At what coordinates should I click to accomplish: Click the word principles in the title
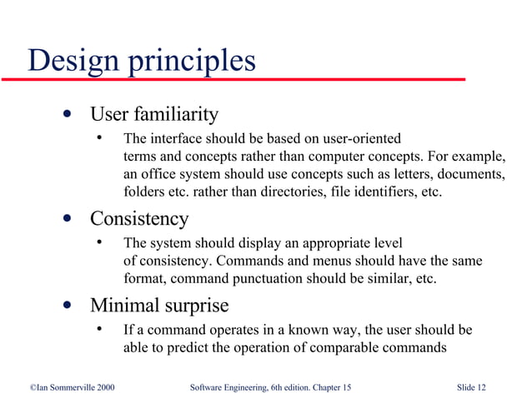tap(191, 62)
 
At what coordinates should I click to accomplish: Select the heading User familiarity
tap(154, 114)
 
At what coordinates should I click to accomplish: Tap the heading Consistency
tap(139, 219)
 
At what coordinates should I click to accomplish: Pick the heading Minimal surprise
tap(159, 304)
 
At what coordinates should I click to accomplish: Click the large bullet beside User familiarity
tap(65, 114)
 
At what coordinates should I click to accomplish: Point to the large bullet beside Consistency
tap(65, 219)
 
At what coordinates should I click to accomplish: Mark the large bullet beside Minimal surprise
tap(65, 304)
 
